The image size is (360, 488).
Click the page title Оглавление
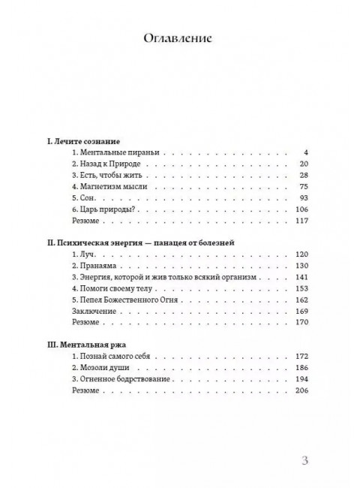coord(179,38)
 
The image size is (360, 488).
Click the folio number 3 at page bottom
coord(304,461)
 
